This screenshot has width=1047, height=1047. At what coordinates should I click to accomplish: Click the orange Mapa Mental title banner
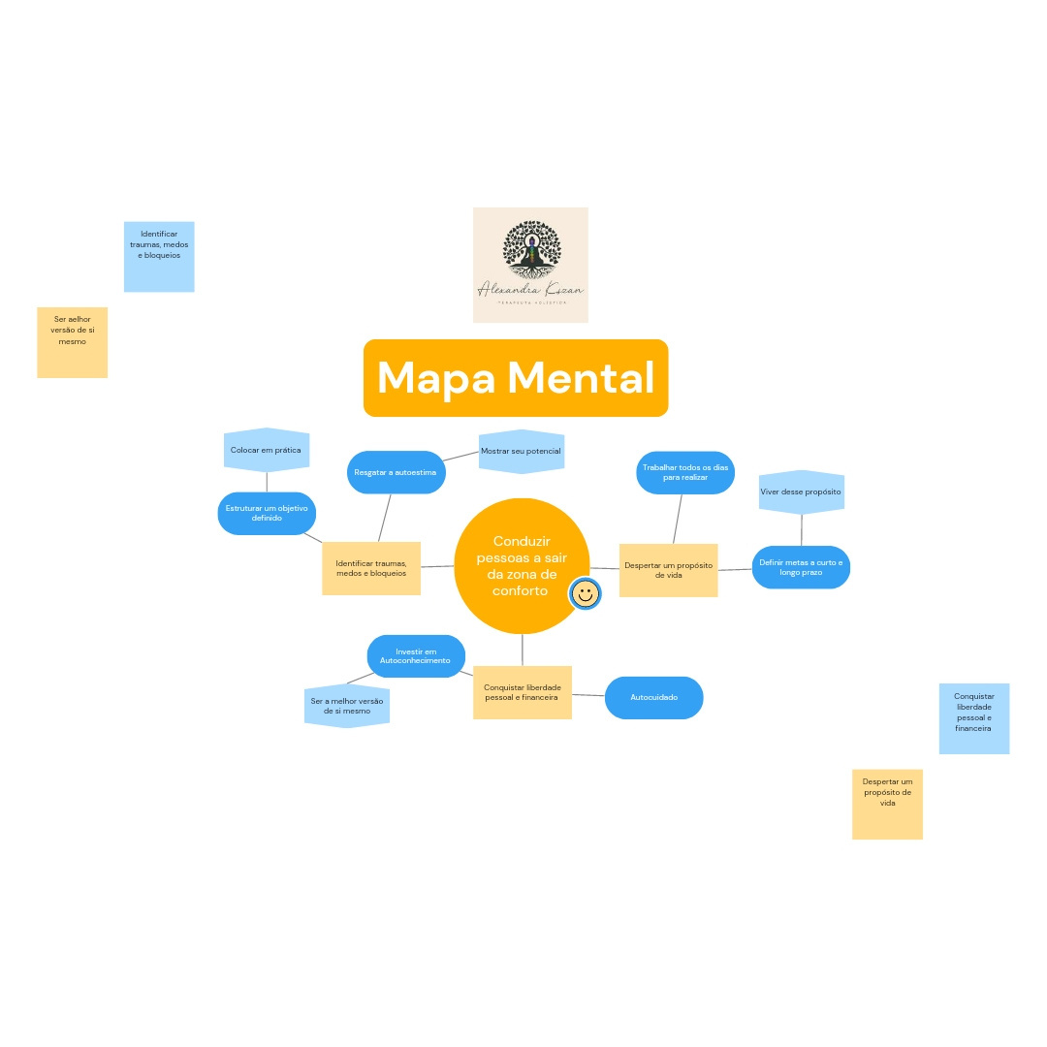pyautogui.click(x=516, y=378)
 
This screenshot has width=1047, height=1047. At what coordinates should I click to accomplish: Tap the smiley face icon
pyautogui.click(x=585, y=593)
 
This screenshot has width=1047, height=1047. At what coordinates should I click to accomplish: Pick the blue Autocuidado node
pyautogui.click(x=653, y=698)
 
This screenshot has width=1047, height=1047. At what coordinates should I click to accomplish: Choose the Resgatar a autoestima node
pyautogui.click(x=396, y=472)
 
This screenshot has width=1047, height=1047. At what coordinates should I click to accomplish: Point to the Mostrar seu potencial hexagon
pyautogui.click(x=522, y=452)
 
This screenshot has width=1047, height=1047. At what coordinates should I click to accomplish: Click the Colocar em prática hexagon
pyautogui.click(x=266, y=450)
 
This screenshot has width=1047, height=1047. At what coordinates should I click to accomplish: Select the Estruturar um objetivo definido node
pyautogui.click(x=267, y=513)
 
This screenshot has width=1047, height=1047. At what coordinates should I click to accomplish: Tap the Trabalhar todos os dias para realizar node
pyautogui.click(x=685, y=472)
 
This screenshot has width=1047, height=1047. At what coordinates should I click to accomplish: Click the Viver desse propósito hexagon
pyautogui.click(x=801, y=492)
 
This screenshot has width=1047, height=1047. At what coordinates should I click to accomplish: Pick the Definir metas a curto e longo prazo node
pyautogui.click(x=801, y=567)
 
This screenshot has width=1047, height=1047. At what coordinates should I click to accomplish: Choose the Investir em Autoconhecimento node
pyautogui.click(x=416, y=656)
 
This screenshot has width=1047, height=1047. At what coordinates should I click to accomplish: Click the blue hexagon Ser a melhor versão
pyautogui.click(x=346, y=706)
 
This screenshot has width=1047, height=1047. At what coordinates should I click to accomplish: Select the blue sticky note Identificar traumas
pyautogui.click(x=159, y=257)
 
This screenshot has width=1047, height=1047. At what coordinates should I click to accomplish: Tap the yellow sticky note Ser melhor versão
pyautogui.click(x=73, y=342)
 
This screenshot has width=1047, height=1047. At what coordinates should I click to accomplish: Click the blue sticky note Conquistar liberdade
pyautogui.click(x=974, y=718)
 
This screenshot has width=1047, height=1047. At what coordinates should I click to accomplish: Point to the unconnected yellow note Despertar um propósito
pyautogui.click(x=887, y=804)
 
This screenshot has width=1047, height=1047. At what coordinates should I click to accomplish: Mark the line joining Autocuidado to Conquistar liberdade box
pyautogui.click(x=588, y=695)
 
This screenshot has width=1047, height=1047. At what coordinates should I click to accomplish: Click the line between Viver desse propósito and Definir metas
pyautogui.click(x=801, y=530)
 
